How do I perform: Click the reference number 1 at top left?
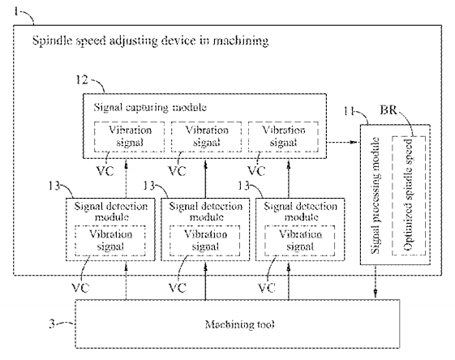pyautogui.click(x=16, y=11)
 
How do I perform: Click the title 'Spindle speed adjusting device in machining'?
pyautogui.click(x=150, y=41)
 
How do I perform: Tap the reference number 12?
pyautogui.click(x=82, y=79)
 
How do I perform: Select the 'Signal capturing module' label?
pyautogui.click(x=150, y=108)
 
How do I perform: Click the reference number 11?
pyautogui.click(x=349, y=111)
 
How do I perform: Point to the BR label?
pyautogui.click(x=388, y=110)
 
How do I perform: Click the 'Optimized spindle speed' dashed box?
pyautogui.click(x=409, y=195)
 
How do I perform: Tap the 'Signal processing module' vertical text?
pyautogui.click(x=376, y=195)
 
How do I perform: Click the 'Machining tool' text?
pyautogui.click(x=239, y=324)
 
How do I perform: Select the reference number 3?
pyautogui.click(x=52, y=324)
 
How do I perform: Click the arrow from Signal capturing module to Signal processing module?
pyautogui.click(x=343, y=142)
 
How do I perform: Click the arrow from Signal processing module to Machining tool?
pyautogui.click(x=376, y=281)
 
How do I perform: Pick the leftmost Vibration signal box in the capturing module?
pyautogui.click(x=130, y=137)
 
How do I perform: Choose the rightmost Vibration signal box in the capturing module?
pyautogui.click(x=283, y=137)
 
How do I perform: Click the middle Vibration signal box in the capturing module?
pyautogui.click(x=206, y=137)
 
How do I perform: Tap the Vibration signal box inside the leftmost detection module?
pyautogui.click(x=110, y=241)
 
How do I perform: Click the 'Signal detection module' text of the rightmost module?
pyautogui.click(x=300, y=212)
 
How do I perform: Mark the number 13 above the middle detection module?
pyautogui.click(x=149, y=186)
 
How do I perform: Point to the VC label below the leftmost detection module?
pyautogui.click(x=80, y=288)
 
